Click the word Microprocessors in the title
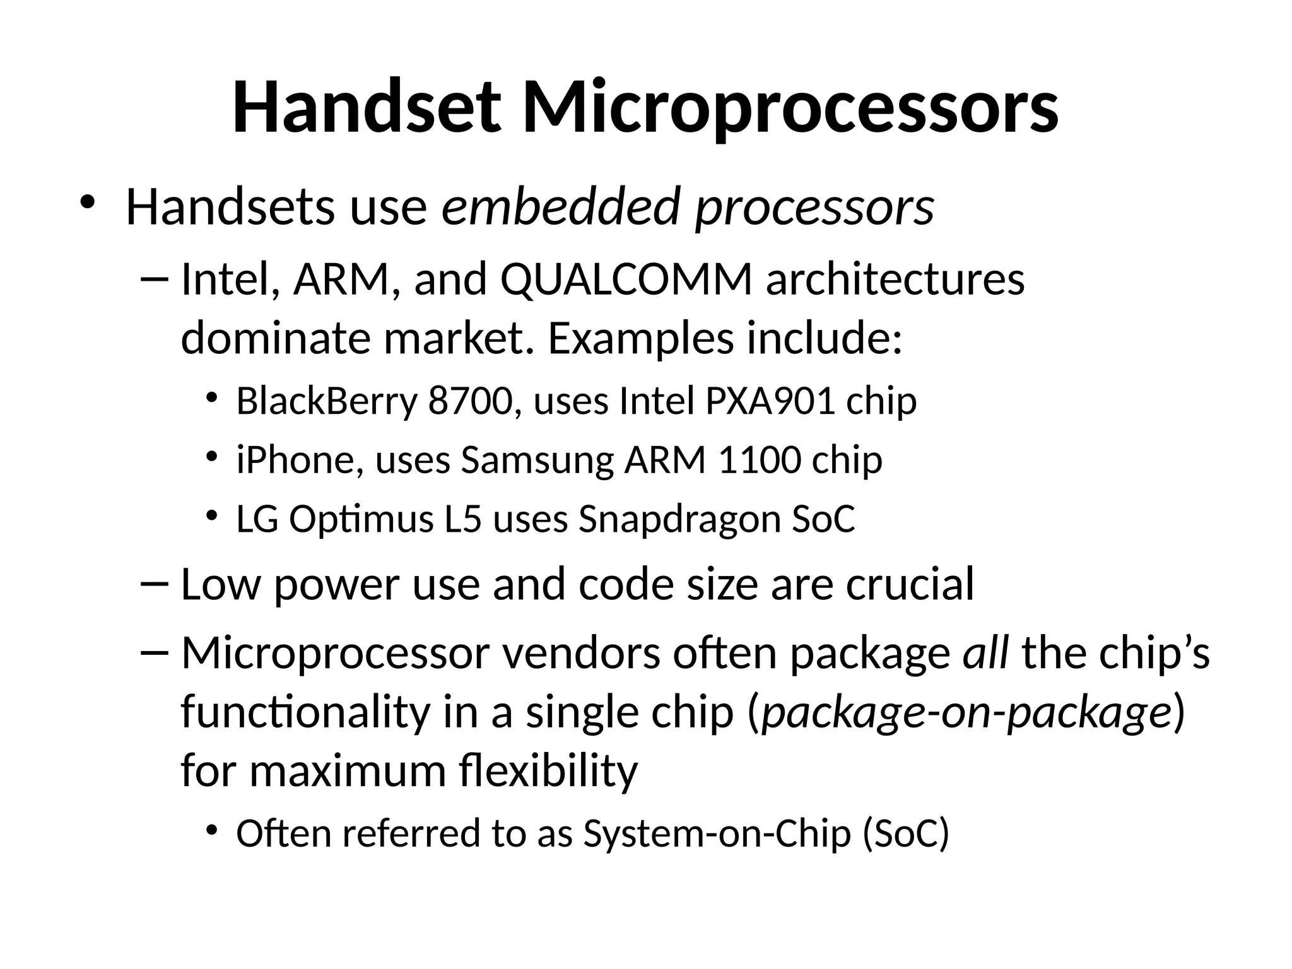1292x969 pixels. click(x=790, y=107)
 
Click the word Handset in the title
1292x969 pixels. click(x=367, y=107)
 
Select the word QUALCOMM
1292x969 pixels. click(x=626, y=279)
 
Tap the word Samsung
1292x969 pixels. click(x=537, y=461)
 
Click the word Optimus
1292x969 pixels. click(x=362, y=520)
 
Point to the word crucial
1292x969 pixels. click(x=910, y=584)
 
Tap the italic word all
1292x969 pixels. click(x=985, y=653)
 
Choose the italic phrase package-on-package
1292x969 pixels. click(x=966, y=713)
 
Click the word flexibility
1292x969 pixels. click(x=549, y=771)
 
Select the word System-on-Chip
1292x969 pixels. click(x=717, y=833)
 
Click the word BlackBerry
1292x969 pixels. click(x=327, y=401)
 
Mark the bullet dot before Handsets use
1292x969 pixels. click(x=87, y=203)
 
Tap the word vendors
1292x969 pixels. click(x=582, y=653)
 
